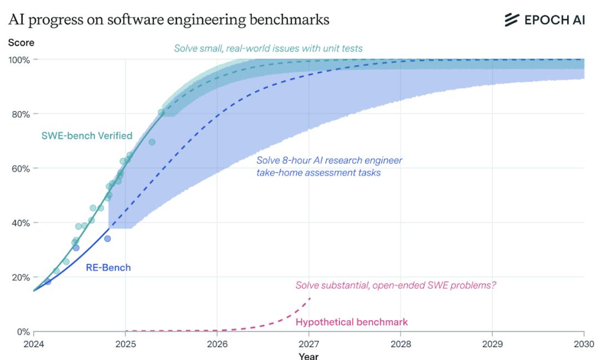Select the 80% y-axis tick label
20,114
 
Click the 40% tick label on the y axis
20,223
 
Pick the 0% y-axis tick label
22,332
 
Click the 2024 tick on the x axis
33,342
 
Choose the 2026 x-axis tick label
217,342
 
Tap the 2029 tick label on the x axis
492,342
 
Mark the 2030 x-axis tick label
583,342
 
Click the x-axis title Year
308,356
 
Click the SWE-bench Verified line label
87,135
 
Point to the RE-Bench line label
108,267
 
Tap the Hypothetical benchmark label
352,322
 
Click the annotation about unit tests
268,48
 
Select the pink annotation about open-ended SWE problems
396,286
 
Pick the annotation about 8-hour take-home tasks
329,167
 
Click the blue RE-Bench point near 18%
48,282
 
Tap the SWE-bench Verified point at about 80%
161,112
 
